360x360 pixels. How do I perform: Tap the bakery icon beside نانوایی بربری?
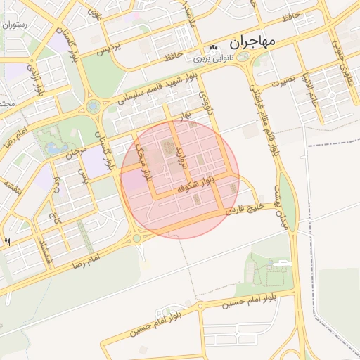(x=214, y=47)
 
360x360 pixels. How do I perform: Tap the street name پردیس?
(x=105, y=49)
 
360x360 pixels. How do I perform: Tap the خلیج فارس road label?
(x=244, y=209)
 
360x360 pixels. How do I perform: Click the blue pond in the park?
(x=53, y=148)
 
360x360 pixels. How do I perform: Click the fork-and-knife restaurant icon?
(x=7, y=242)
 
